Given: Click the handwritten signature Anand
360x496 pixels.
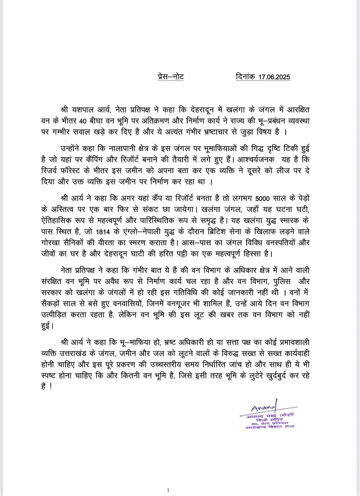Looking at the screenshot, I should point(261,408).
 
